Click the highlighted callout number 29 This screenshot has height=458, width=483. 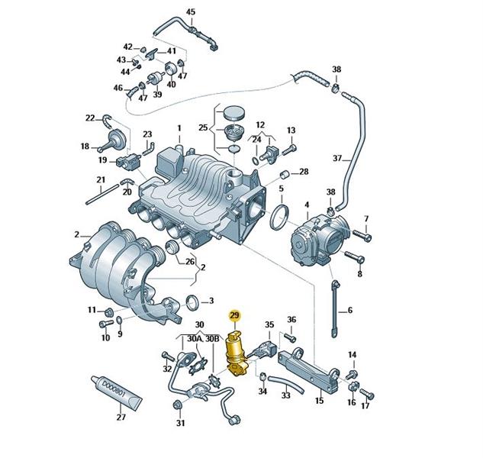(x=234, y=315)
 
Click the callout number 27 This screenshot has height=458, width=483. (x=121, y=417)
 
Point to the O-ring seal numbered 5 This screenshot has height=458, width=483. (x=279, y=218)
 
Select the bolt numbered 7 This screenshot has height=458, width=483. (x=362, y=235)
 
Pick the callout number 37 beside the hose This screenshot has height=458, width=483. (x=337, y=158)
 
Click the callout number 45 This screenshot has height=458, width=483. (x=191, y=12)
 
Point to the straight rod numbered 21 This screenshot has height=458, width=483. (x=102, y=194)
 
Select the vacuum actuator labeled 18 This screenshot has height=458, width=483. (x=112, y=140)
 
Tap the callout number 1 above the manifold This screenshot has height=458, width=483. (x=179, y=128)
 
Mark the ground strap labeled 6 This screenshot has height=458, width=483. (x=335, y=309)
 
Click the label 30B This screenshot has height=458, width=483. (x=212, y=339)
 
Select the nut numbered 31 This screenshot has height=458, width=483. (x=178, y=405)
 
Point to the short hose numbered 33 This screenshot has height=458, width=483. (x=286, y=385)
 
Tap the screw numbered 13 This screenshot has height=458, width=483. (x=288, y=150)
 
